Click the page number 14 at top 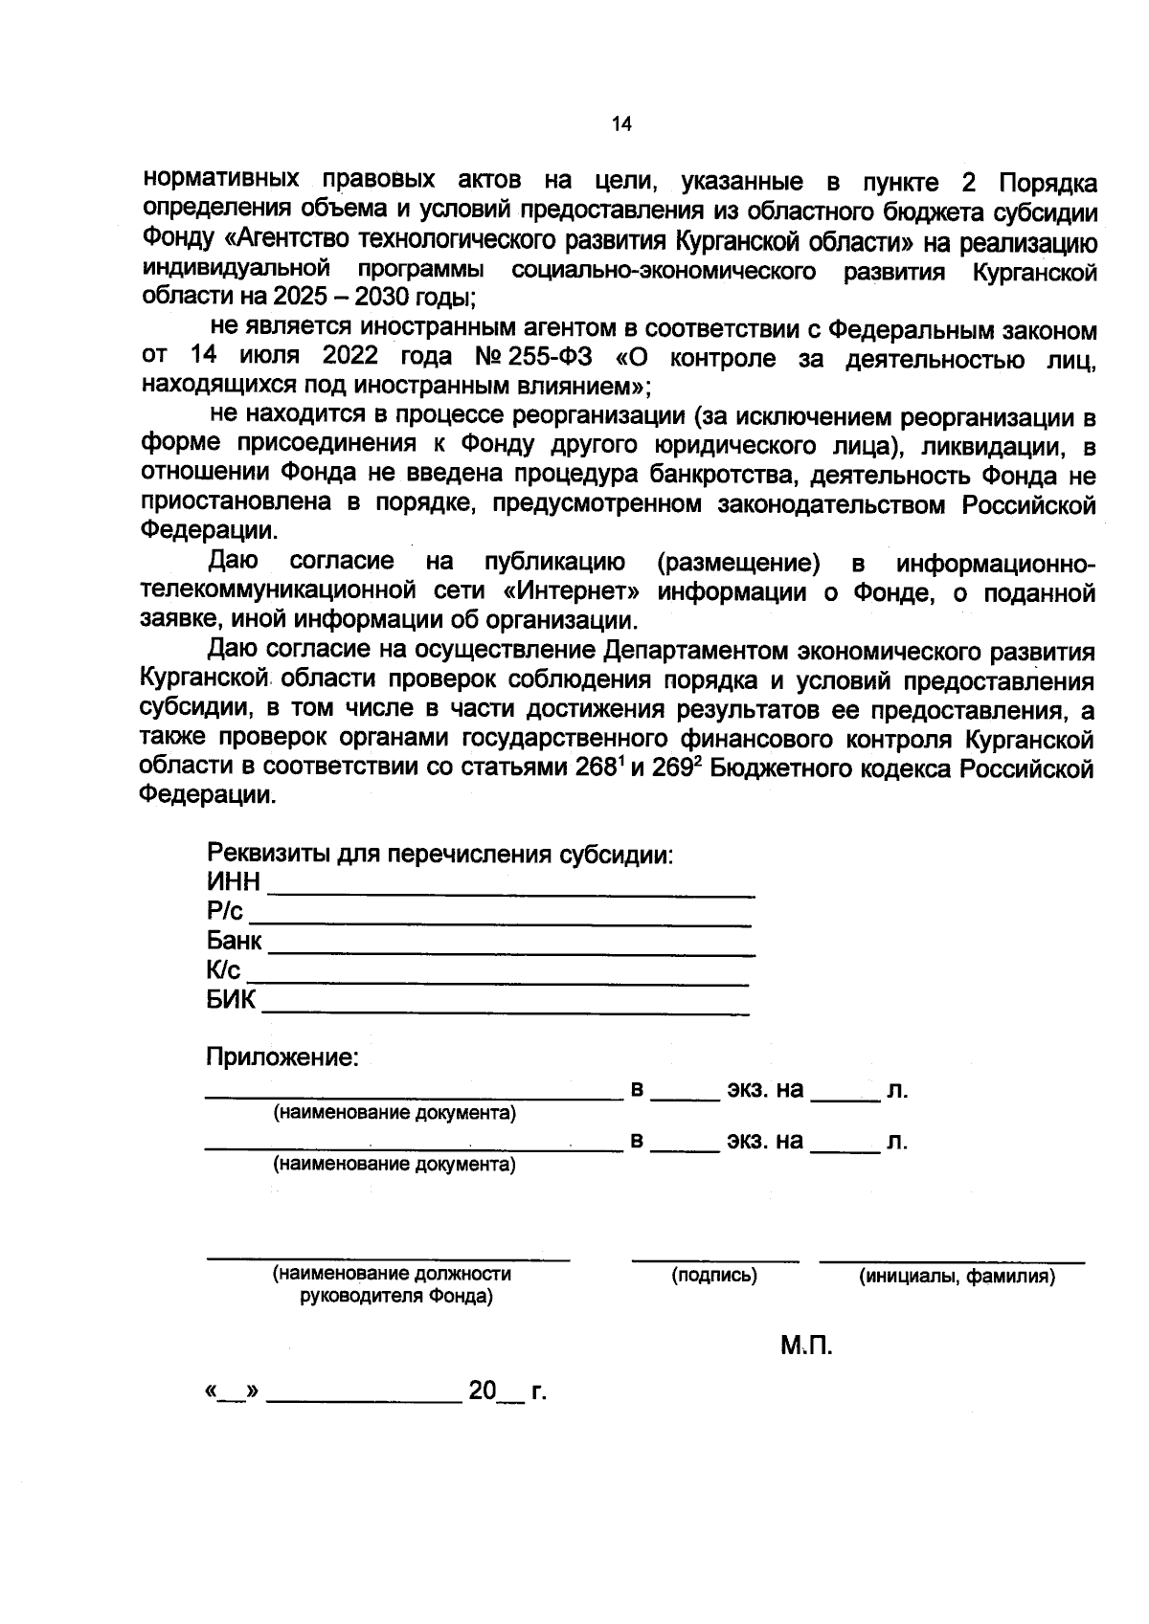[x=621, y=124]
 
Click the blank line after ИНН [x=511, y=893]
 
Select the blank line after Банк [x=511, y=953]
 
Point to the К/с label [x=223, y=971]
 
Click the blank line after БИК [x=505, y=1012]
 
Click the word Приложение [x=282, y=1057]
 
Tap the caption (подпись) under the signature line [x=713, y=1276]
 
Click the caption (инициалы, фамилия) [x=957, y=1276]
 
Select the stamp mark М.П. [x=805, y=1346]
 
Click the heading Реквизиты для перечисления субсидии [x=440, y=854]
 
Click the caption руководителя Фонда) [x=396, y=1298]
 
